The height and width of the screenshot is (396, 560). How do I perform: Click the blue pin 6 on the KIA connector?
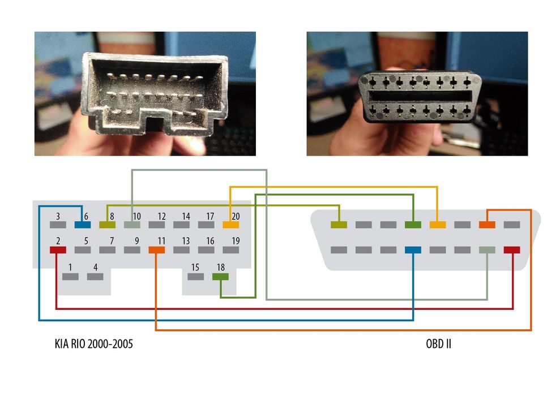point(82,225)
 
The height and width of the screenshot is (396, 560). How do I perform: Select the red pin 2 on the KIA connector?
point(58,249)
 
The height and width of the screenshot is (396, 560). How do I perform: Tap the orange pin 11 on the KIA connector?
point(156,249)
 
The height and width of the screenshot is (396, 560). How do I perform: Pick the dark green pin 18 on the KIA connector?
point(220,277)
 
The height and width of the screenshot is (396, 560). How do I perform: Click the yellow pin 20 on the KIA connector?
point(230,225)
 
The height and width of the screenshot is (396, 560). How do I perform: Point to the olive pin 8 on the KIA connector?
point(107,225)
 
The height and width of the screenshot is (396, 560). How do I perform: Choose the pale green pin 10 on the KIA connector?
point(131,225)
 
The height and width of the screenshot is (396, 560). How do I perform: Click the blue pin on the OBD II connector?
point(413,249)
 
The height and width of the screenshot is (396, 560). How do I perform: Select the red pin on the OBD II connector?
point(512,249)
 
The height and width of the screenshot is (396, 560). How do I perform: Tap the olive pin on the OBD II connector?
point(339,225)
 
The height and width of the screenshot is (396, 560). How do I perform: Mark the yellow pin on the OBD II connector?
point(438,225)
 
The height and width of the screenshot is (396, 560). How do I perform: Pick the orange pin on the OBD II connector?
point(487,225)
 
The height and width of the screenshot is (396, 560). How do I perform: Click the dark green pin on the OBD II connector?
point(413,225)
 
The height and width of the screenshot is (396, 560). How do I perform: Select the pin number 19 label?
point(235,241)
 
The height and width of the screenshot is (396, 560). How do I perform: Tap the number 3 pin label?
point(58,216)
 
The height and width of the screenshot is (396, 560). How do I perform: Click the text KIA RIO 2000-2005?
point(93,343)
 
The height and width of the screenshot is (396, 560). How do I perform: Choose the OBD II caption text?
point(438,343)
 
